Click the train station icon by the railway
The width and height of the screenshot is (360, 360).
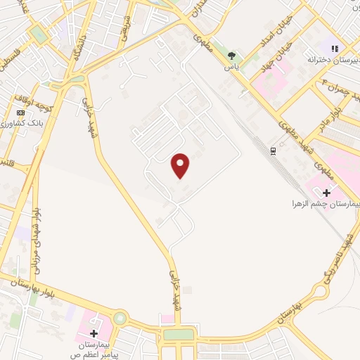(272, 150)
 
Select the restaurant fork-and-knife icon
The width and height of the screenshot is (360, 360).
(336, 49)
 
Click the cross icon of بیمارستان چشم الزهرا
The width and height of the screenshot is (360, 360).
(326, 192)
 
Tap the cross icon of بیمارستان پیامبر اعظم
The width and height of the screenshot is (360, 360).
(94, 332)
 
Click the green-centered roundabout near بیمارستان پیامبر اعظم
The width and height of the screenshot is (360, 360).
(120, 319)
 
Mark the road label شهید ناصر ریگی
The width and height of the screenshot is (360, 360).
(336, 264)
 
